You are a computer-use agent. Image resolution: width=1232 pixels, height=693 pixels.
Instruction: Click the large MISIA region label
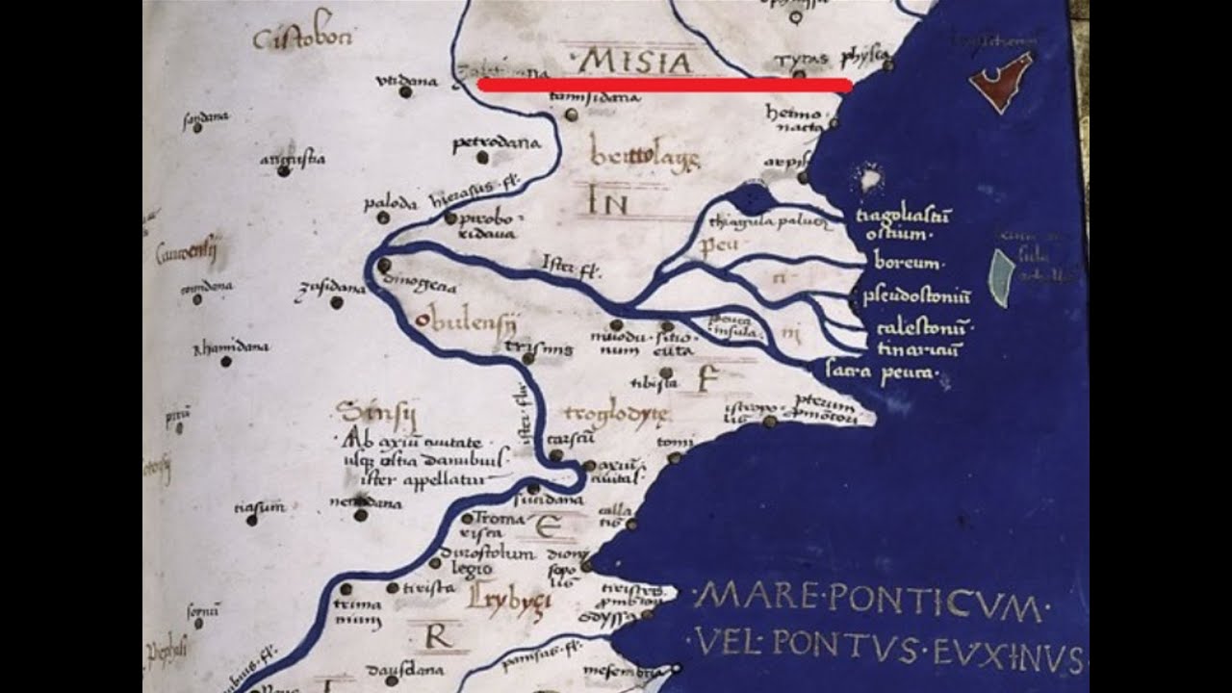click(x=636, y=63)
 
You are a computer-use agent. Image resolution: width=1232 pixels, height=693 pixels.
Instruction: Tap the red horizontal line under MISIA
click(x=664, y=86)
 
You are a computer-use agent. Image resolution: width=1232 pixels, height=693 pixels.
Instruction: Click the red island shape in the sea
click(x=1001, y=81)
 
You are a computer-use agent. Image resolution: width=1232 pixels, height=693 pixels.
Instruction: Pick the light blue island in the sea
click(x=1002, y=277)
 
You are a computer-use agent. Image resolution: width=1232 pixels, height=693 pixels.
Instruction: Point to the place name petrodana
click(x=497, y=143)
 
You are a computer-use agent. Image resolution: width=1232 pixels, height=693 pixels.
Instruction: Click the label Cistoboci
click(x=303, y=38)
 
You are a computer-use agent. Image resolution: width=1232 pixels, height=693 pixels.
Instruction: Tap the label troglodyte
click(x=616, y=414)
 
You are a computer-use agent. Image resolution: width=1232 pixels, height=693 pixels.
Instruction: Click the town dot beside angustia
click(x=283, y=170)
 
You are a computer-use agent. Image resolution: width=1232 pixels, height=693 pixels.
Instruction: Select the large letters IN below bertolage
click(x=607, y=203)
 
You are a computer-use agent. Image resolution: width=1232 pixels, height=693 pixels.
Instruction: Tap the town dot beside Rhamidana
click(x=225, y=362)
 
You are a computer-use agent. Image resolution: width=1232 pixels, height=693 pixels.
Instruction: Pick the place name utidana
click(x=407, y=81)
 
